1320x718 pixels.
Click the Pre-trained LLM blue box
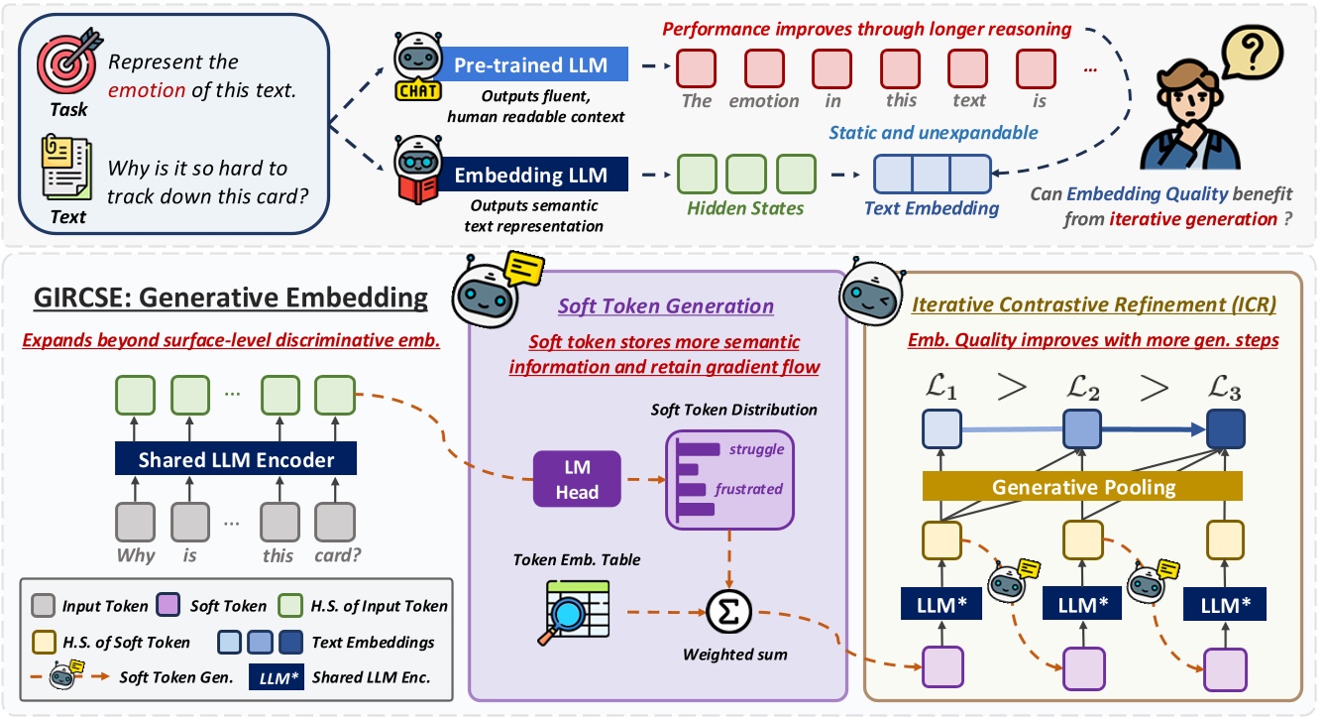(531, 65)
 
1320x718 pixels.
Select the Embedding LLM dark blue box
(531, 176)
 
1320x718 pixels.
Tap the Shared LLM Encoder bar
(236, 460)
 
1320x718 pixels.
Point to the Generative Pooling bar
(1082, 487)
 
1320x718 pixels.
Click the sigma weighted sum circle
(728, 608)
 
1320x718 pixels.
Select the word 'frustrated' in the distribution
(748, 488)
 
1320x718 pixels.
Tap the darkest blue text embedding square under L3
(1225, 429)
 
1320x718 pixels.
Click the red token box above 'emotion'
(763, 67)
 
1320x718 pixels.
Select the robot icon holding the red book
(417, 168)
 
